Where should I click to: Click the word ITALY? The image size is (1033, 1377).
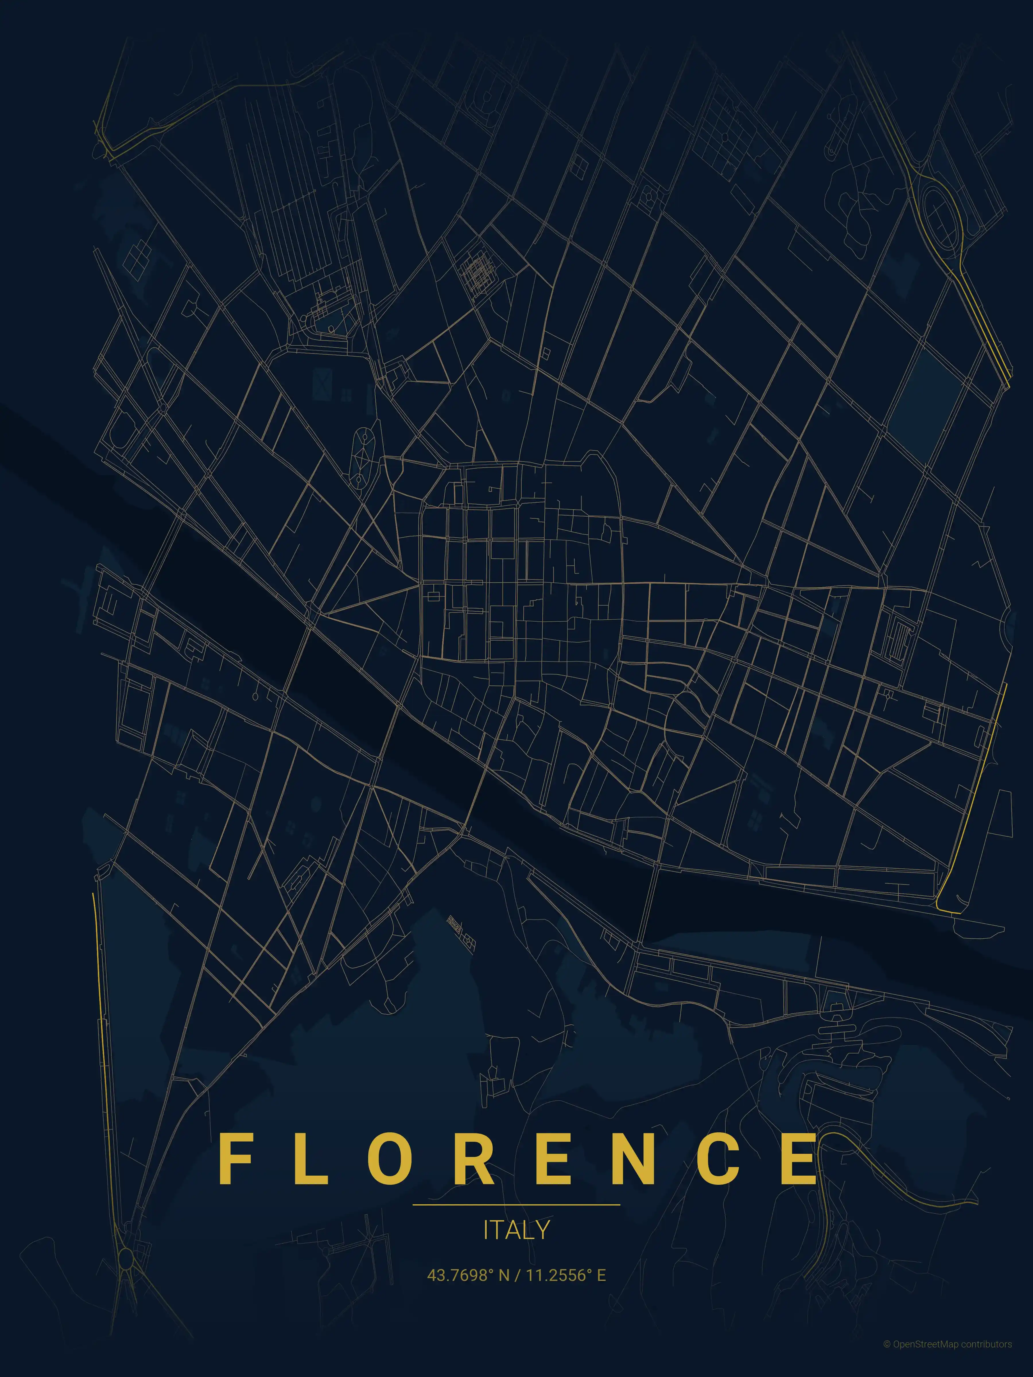tap(516, 1230)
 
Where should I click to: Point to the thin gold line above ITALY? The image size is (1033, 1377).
tap(516, 1205)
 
